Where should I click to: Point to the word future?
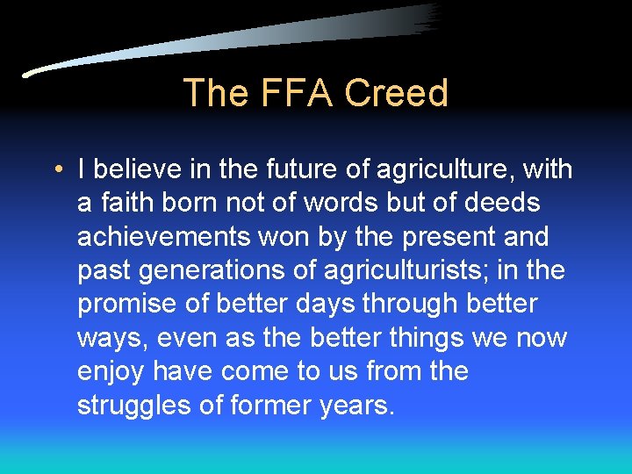pyautogui.click(x=284, y=169)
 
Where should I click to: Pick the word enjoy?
pyautogui.click(x=111, y=372)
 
